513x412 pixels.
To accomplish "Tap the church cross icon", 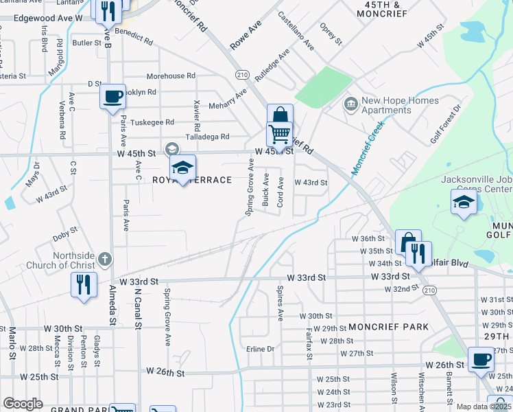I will (104, 259).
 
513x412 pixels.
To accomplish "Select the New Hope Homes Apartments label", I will (392, 105).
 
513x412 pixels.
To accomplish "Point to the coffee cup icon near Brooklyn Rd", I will (112, 96).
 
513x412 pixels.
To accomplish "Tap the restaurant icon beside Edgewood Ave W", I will (108, 10).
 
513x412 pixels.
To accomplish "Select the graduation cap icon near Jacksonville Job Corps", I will (464, 202).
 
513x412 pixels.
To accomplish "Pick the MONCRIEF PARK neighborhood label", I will (388, 327).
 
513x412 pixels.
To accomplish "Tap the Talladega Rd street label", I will (207, 137).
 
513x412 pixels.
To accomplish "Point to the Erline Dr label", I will (261, 349).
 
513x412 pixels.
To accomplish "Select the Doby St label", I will (66, 235).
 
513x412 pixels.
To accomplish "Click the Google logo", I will (23, 404).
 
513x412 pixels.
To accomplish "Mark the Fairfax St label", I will (309, 343).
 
